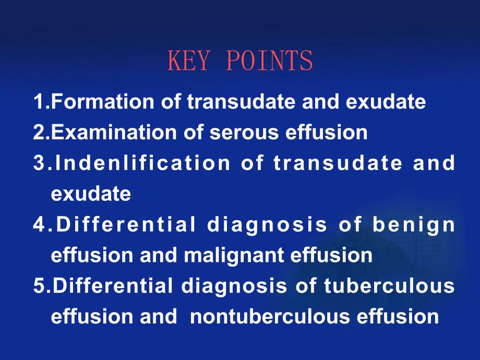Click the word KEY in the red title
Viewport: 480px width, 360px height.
(x=189, y=61)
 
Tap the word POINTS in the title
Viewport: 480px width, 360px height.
(x=269, y=61)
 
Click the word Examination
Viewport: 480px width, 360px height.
(x=114, y=132)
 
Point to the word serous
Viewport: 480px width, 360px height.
(x=244, y=133)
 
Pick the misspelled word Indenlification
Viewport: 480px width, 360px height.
(x=142, y=163)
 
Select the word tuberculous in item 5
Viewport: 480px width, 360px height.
(x=389, y=285)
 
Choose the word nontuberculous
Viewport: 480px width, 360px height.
(x=270, y=316)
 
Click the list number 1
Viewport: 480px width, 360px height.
(x=39, y=101)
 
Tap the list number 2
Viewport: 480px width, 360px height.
(x=40, y=132)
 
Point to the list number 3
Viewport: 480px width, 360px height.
(x=40, y=163)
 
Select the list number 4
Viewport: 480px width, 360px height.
(x=40, y=224)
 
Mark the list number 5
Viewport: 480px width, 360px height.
(x=40, y=285)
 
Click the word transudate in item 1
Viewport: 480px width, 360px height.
(x=241, y=101)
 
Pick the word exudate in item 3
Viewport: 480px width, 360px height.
(x=91, y=194)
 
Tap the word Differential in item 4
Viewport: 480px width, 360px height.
(x=126, y=224)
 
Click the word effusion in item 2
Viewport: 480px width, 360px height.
(x=326, y=132)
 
